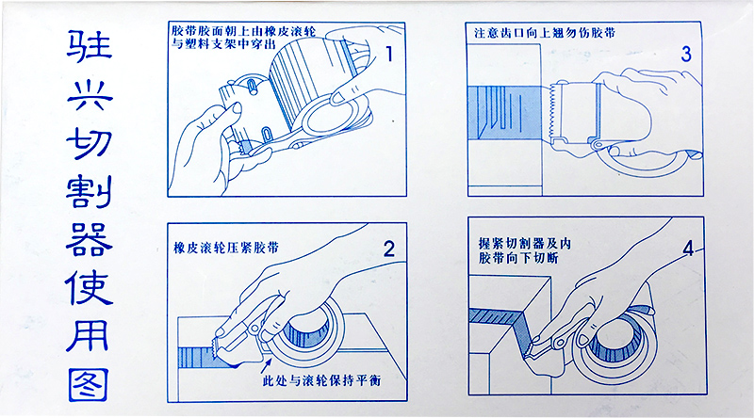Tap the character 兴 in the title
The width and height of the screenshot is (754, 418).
tap(88, 93)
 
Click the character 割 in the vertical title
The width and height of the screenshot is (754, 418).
tap(88, 190)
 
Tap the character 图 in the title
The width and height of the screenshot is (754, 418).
tap(88, 381)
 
